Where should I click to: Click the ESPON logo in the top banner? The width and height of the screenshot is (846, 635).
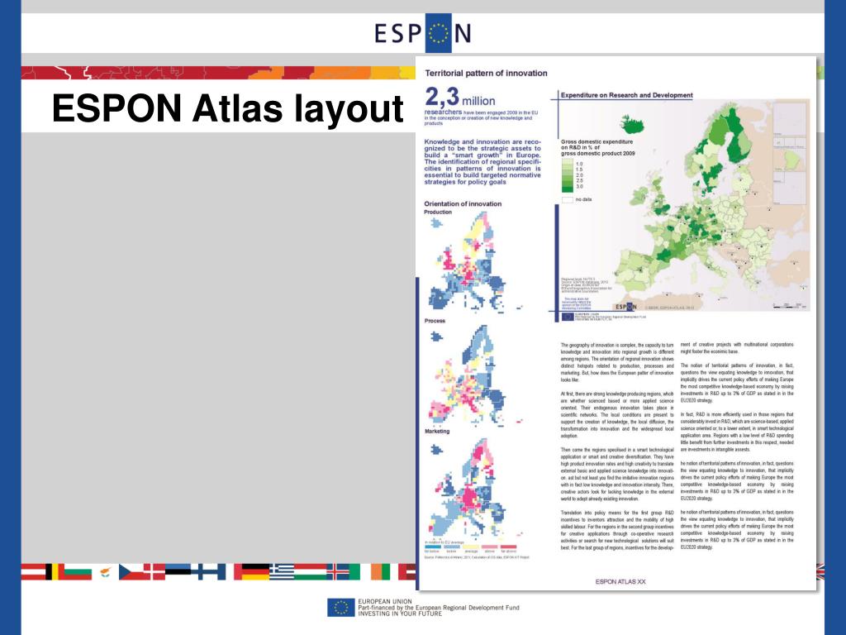422,33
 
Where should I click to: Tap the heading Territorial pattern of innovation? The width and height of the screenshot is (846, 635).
485,73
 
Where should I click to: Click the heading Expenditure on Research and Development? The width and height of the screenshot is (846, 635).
626,95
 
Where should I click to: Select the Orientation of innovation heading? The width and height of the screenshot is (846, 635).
463,203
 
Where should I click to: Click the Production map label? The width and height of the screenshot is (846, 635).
438,212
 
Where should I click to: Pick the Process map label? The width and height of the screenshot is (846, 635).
435,321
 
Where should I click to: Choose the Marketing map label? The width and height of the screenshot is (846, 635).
438,432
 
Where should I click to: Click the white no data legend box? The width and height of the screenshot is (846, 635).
567,199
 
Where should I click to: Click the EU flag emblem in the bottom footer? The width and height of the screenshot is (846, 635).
340,608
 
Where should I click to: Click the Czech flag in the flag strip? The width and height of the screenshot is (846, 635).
131,571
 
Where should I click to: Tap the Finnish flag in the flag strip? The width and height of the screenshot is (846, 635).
212,571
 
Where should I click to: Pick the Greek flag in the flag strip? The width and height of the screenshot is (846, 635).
281,571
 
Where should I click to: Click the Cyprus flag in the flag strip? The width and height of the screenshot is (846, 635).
105,571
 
